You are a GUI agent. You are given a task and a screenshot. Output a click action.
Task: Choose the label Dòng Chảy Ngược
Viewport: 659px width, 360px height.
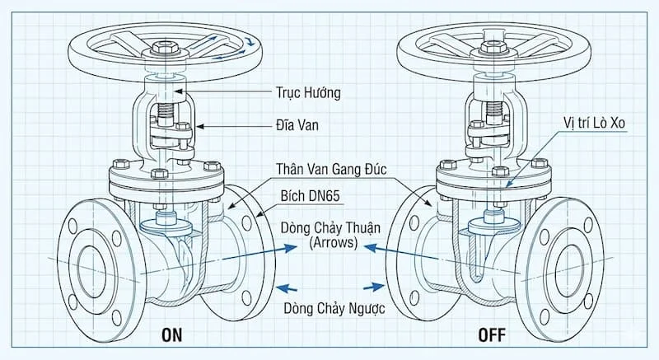pyautogui.click(x=329, y=310)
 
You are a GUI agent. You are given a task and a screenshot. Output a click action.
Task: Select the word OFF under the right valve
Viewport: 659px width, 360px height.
pyautogui.click(x=491, y=336)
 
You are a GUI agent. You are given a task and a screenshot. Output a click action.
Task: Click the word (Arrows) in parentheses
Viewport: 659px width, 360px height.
pyautogui.click(x=328, y=243)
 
